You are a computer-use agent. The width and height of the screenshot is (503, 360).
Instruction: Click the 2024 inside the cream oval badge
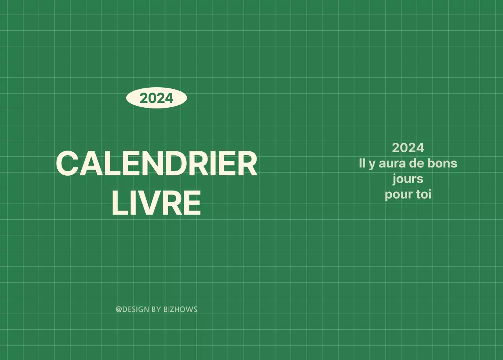(x=156, y=98)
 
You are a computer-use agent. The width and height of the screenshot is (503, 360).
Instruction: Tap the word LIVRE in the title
(x=156, y=203)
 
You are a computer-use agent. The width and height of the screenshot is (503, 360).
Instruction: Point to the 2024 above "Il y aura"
(x=408, y=148)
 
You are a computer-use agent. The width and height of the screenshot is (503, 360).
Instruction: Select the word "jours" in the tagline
(x=408, y=179)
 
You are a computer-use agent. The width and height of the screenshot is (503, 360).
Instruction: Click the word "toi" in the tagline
(x=424, y=195)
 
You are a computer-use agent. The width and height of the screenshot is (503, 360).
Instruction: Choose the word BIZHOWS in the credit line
(x=180, y=309)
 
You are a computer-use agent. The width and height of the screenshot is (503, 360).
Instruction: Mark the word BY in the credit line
(x=156, y=309)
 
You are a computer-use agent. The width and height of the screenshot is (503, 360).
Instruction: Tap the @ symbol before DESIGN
(x=119, y=309)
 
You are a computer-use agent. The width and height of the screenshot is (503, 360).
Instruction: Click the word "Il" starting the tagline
(x=362, y=163)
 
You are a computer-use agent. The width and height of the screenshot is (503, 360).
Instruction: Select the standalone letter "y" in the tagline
(x=372, y=164)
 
